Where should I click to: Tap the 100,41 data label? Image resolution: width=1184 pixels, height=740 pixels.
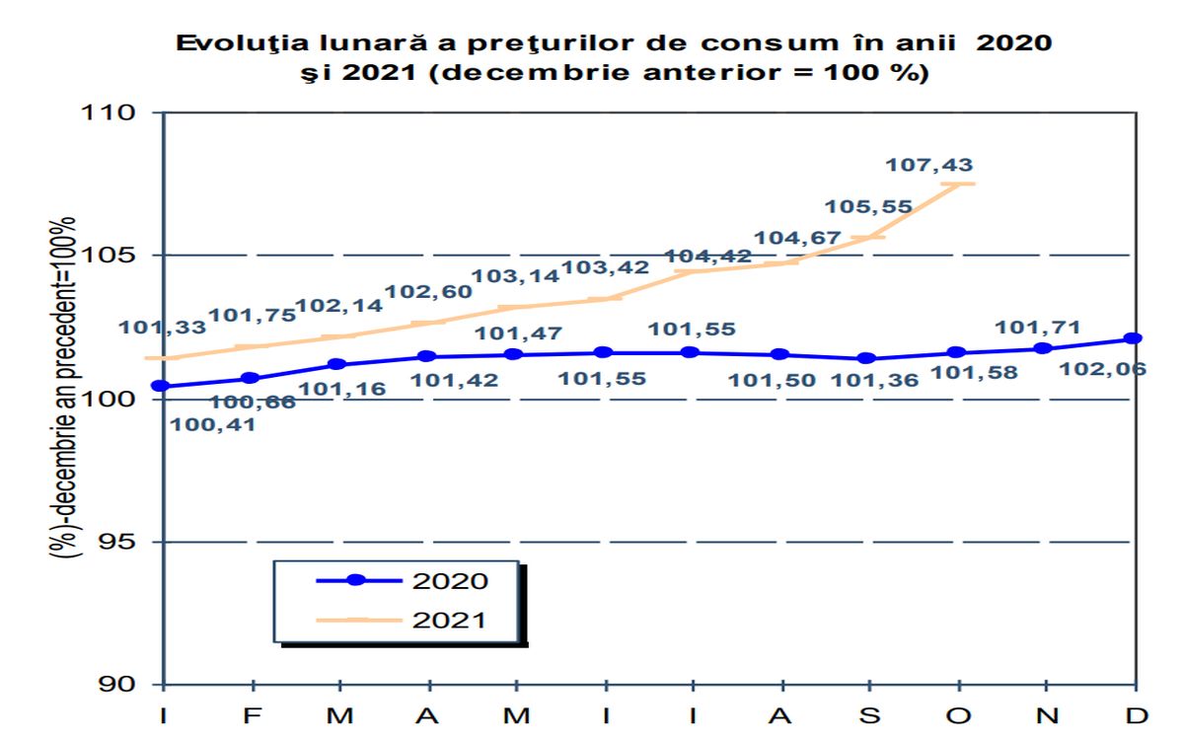(213, 425)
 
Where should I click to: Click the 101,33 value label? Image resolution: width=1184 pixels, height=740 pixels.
(163, 329)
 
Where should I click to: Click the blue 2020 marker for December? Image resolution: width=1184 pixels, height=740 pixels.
(1134, 338)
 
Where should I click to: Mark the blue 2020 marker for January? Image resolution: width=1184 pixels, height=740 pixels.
(161, 386)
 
